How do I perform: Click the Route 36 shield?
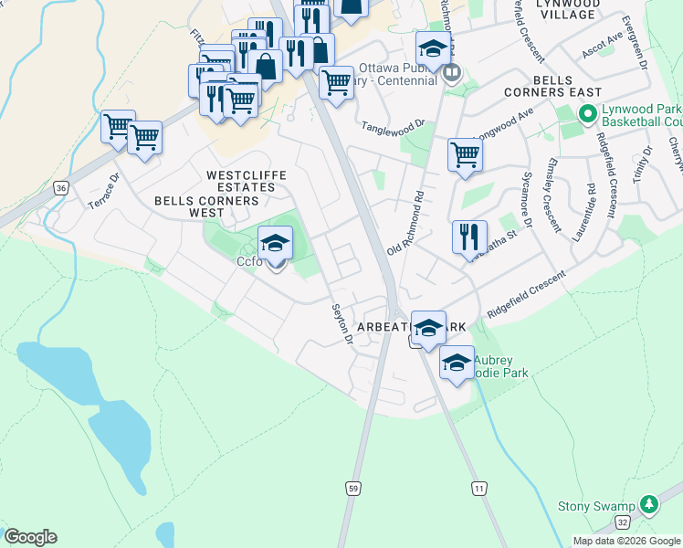60,188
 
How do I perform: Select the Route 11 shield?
478,490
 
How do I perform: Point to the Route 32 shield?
622,522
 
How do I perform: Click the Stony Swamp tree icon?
648,504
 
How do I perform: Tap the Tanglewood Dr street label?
394,125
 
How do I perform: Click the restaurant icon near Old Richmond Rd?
469,237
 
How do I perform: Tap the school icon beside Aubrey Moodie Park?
457,363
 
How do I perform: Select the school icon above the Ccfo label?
275,243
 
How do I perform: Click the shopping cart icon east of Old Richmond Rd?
465,154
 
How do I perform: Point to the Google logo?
30,537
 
